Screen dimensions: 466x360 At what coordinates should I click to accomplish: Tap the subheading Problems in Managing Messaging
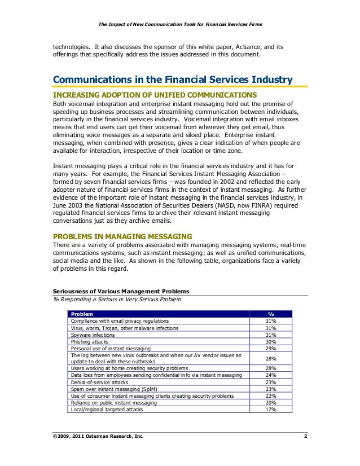click(x=122, y=235)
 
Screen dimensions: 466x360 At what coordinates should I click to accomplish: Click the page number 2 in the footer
click(x=305, y=437)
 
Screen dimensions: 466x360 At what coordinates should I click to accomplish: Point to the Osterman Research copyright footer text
click(x=97, y=437)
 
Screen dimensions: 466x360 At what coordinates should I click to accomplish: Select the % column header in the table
click(x=270, y=314)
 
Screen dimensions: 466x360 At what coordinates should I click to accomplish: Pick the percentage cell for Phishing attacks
click(x=270, y=342)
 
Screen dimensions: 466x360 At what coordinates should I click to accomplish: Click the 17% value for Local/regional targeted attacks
click(x=270, y=410)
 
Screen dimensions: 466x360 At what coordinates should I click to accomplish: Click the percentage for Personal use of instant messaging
click(x=270, y=349)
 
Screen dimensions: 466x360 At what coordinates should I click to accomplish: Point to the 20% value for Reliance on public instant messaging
click(x=270, y=402)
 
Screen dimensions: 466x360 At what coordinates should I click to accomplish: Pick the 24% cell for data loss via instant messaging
click(x=270, y=375)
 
